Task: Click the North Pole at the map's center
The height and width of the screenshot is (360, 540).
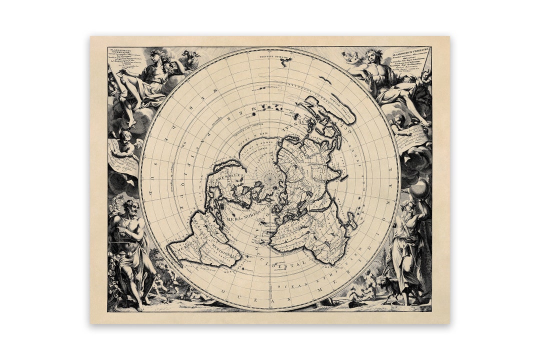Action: click(270, 178)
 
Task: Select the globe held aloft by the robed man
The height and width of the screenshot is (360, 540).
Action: click(419, 189)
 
